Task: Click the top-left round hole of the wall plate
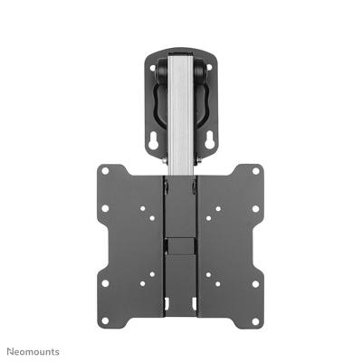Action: click(154, 63)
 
